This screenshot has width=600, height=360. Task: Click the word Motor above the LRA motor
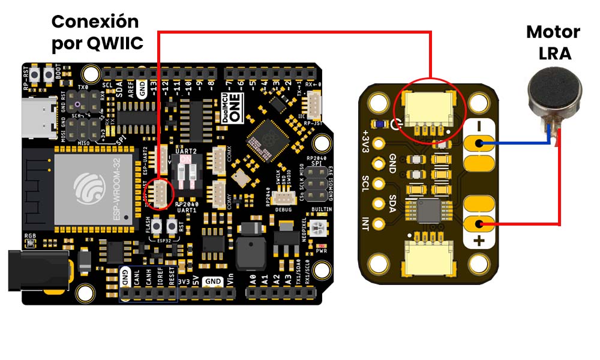tap(553, 32)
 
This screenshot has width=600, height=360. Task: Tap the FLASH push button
tap(158, 226)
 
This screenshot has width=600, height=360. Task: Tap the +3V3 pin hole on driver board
tap(379, 144)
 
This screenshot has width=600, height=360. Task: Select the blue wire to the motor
tap(519, 143)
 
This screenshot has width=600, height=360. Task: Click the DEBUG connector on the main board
tap(282, 198)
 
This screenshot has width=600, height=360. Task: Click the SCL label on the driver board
tap(365, 184)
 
